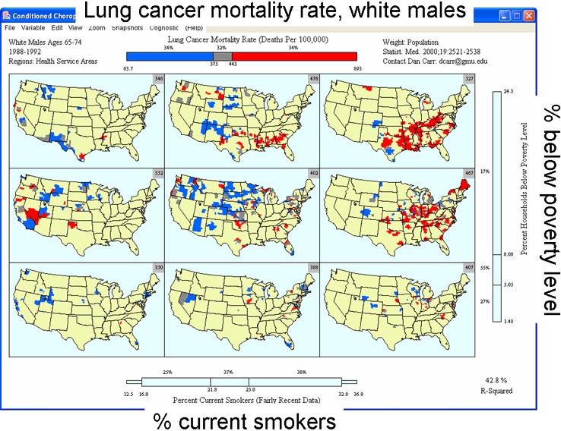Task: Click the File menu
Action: point(10,27)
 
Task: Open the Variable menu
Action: point(33,27)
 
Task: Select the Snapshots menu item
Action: point(126,27)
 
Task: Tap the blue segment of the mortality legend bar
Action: point(165,56)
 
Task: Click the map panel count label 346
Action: point(158,79)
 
